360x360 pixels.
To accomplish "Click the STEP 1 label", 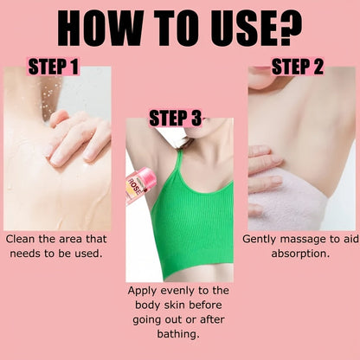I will pyautogui.click(x=54, y=67).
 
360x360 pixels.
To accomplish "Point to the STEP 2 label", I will pyautogui.click(x=298, y=67).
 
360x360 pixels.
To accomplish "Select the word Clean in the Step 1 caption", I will pyautogui.click(x=23, y=238).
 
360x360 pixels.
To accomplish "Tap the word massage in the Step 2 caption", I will pyautogui.click(x=299, y=238).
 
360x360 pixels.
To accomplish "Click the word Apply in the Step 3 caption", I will pyautogui.click(x=144, y=291).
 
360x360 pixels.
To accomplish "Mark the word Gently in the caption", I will pyautogui.click(x=260, y=238).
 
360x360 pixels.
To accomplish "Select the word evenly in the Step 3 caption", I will pyautogui.click(x=183, y=291).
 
